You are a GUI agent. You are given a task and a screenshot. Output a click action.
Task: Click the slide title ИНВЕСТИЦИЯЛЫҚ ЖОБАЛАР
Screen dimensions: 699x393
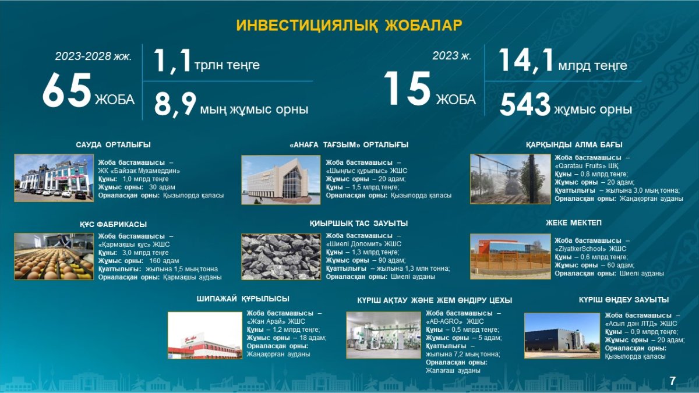pos(349,25)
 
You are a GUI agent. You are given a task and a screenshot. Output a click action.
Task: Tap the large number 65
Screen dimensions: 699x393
pos(67,90)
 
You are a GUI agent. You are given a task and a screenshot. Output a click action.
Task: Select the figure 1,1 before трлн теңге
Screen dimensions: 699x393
pos(172,61)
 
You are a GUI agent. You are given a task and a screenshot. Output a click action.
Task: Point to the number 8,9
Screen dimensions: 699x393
pos(175,104)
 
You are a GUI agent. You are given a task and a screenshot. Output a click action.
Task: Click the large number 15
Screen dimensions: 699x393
pos(407,88)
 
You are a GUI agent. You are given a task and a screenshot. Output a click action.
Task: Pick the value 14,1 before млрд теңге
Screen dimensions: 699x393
pos(526,61)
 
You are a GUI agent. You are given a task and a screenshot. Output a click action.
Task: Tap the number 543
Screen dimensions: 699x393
pos(525,105)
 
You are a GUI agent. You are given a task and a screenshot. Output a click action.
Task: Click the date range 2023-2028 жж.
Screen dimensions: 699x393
pos(93,56)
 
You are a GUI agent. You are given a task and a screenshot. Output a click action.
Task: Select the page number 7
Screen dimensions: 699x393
pos(672,381)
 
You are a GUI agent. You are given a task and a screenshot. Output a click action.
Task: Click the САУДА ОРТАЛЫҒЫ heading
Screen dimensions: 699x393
pos(113,145)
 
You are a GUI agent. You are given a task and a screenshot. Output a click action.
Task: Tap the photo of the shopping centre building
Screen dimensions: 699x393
pos(54,178)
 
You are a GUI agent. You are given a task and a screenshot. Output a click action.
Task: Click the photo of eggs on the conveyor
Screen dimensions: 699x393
pos(54,256)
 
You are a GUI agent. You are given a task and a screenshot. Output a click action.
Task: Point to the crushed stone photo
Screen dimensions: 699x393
pos(281,256)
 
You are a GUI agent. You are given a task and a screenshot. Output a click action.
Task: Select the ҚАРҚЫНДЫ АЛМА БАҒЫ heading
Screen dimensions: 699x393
pos(574,145)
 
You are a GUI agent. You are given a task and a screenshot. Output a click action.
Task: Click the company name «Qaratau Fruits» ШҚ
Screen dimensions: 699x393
pos(587,165)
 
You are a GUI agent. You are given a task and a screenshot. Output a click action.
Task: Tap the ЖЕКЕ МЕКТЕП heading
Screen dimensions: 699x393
pos(574,222)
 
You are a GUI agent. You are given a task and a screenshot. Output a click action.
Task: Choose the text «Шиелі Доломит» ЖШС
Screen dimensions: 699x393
pos(363,244)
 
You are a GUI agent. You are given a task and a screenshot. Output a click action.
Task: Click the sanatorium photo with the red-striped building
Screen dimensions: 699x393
pos(204,335)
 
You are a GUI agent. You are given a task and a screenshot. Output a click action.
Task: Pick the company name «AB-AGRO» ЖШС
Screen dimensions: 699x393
pos(455,321)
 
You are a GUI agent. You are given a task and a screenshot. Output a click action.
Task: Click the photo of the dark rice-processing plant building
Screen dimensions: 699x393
pos(562,335)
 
